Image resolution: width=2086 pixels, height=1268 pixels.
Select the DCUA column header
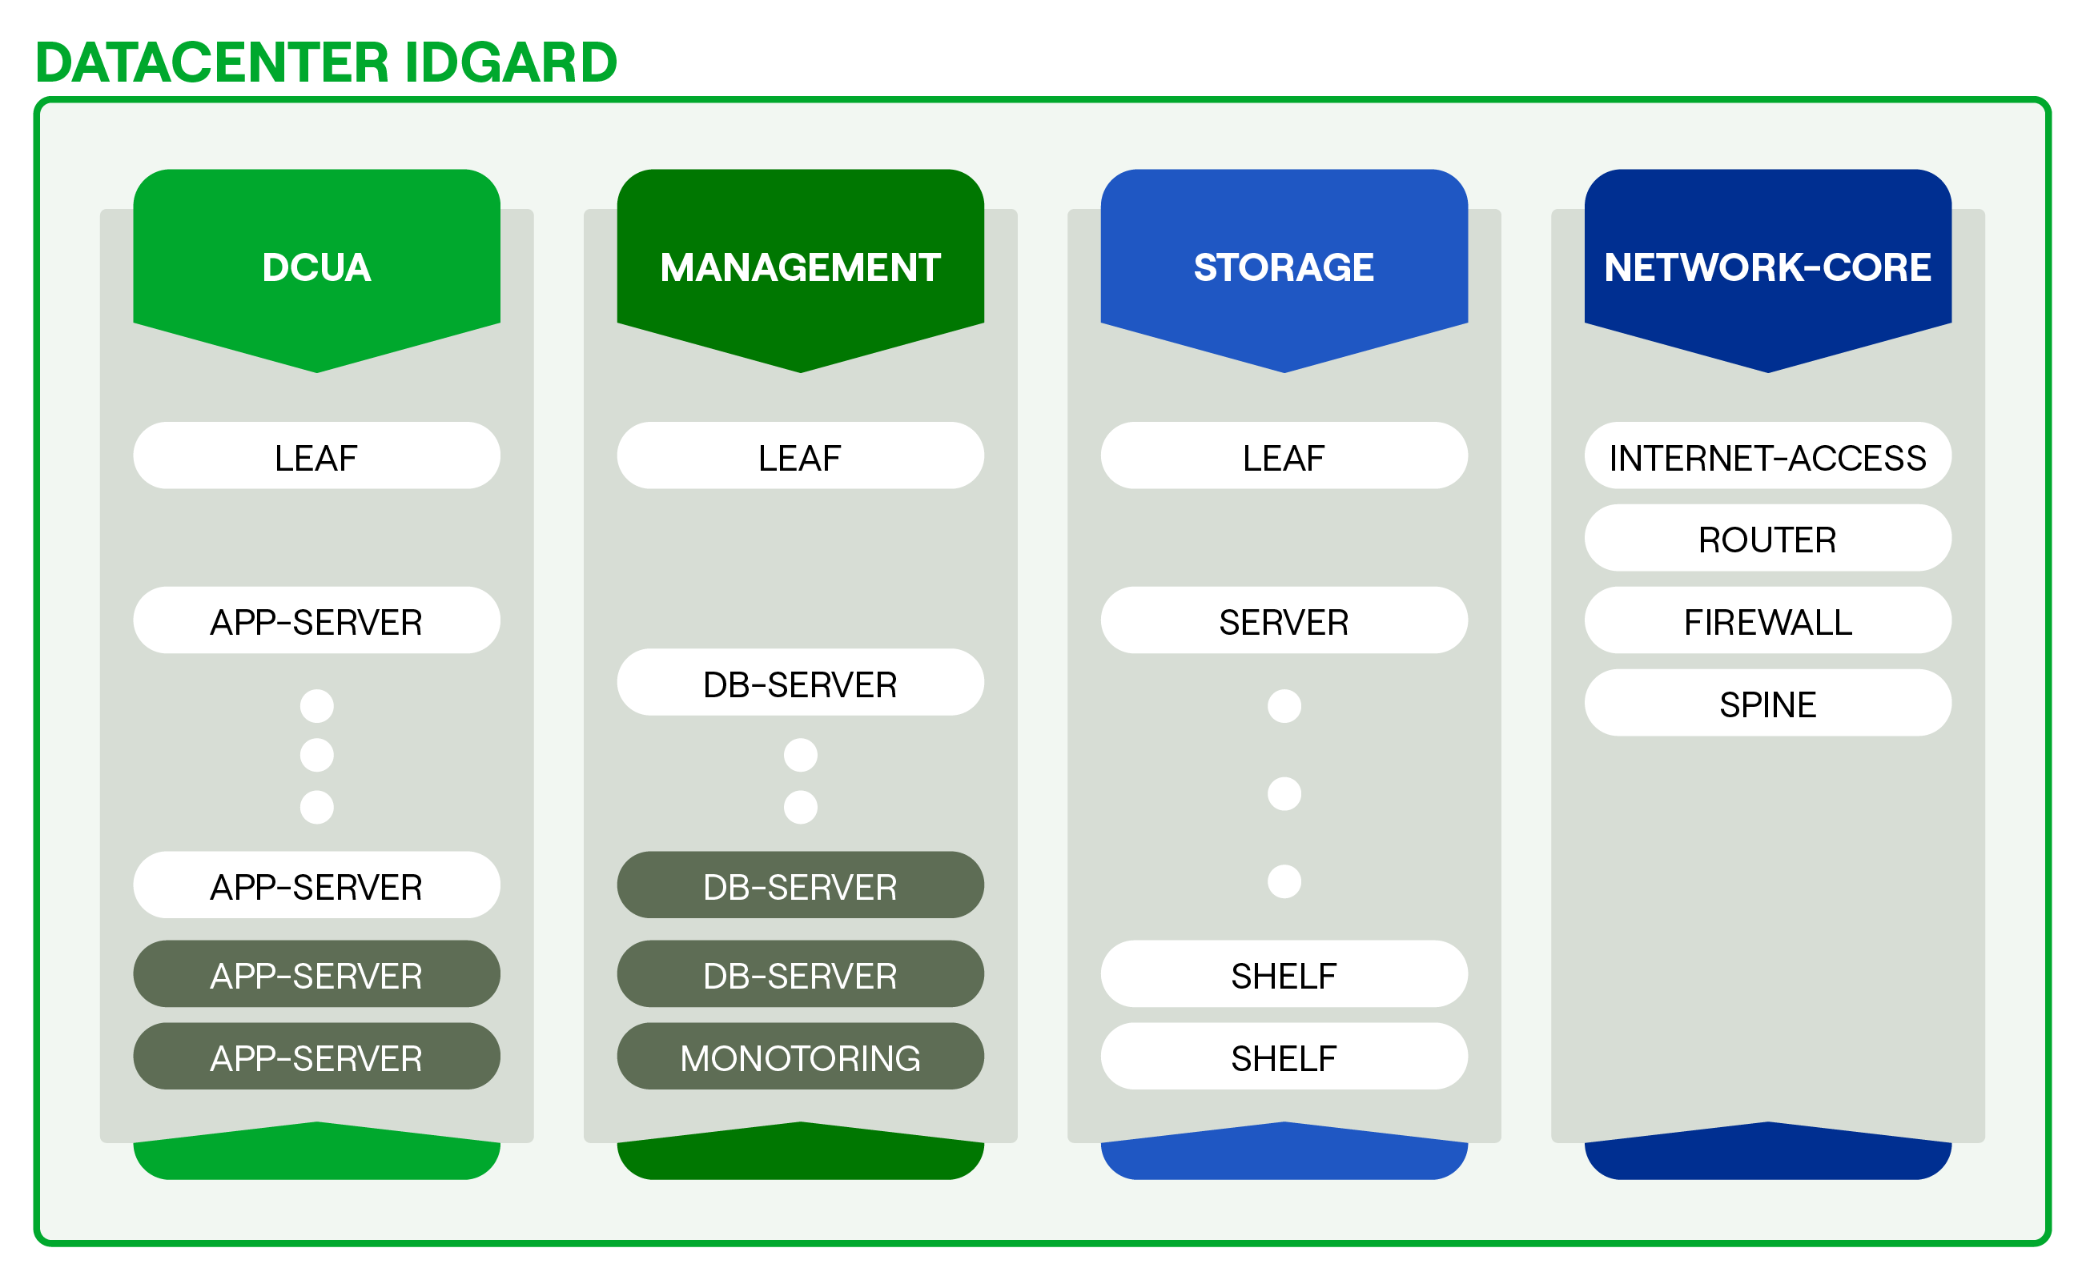click(x=316, y=267)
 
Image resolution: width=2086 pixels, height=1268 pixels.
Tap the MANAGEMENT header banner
click(x=800, y=267)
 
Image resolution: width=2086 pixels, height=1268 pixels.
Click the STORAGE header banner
click(x=1284, y=267)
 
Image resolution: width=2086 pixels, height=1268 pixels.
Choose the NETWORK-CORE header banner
click(x=1767, y=267)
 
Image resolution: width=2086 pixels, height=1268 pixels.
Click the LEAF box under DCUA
click(x=316, y=456)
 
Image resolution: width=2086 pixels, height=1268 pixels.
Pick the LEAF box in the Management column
click(x=800, y=456)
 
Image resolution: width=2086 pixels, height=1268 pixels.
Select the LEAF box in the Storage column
click(x=1284, y=456)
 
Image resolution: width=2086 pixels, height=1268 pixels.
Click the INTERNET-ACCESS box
click(x=1767, y=456)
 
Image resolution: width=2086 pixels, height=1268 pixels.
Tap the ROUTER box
click(x=1767, y=539)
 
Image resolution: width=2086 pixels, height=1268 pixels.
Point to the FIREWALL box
click(x=1767, y=620)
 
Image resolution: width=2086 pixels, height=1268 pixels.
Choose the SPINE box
click(x=1767, y=703)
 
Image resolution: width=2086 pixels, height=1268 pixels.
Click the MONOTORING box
click(x=800, y=1057)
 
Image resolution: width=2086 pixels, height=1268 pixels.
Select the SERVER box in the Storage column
click(x=1284, y=620)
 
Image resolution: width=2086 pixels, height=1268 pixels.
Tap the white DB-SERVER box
click(x=800, y=683)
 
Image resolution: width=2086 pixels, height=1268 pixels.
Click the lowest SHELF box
click(x=1284, y=1057)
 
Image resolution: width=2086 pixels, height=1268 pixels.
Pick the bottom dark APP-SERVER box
click(x=316, y=1057)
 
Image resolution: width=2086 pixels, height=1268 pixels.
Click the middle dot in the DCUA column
click(x=316, y=754)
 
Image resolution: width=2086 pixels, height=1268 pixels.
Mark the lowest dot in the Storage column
click(x=1284, y=881)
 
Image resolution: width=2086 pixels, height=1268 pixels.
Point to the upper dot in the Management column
click(x=800, y=755)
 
